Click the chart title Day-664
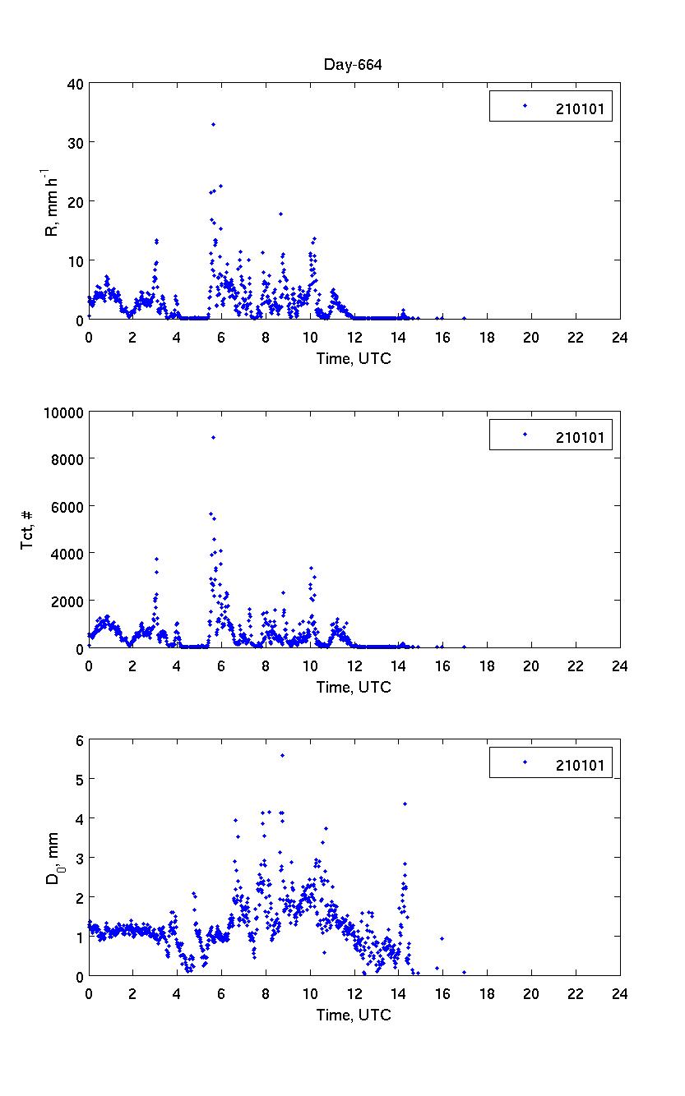click(x=354, y=65)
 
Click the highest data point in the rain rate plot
click(x=213, y=124)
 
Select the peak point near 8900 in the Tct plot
click(x=213, y=437)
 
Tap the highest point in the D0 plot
click(x=282, y=755)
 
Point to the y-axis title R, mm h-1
click(x=52, y=201)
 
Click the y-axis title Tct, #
click(x=28, y=530)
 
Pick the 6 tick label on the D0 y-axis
click(x=78, y=740)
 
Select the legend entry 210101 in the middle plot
click(x=580, y=437)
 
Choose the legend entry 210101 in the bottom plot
click(x=580, y=766)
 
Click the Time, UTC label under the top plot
click(x=354, y=358)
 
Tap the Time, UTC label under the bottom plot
click(x=354, y=1015)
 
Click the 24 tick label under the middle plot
click(x=619, y=665)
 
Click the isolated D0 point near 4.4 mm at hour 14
click(x=405, y=804)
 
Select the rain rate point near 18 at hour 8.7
click(x=281, y=214)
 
